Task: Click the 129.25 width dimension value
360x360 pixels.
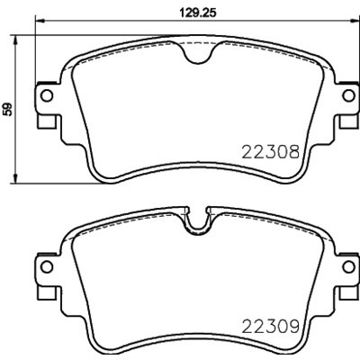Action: (197, 13)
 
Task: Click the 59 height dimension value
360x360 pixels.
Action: (8, 110)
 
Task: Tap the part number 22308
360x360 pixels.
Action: (271, 152)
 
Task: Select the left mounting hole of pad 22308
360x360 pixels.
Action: (47, 95)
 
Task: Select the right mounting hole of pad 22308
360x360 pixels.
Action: (348, 95)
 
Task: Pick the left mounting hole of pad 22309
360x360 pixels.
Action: (47, 266)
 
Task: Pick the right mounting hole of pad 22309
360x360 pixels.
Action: (348, 266)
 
